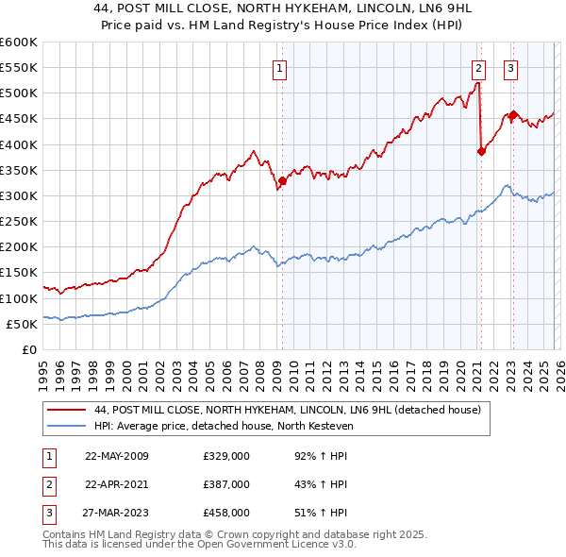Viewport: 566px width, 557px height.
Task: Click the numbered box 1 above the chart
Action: coord(281,67)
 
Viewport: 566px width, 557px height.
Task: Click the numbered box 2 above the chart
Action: coord(478,67)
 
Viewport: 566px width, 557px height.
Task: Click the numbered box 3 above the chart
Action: coord(510,67)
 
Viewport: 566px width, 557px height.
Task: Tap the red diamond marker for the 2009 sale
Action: coord(282,180)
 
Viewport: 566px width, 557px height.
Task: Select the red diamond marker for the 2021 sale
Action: coord(481,151)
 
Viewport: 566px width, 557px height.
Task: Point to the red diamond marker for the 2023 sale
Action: coord(513,115)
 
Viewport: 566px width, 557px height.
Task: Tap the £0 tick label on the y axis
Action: coord(28,349)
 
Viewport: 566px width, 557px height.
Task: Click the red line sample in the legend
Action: coord(67,410)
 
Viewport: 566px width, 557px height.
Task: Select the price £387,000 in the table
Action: coord(225,484)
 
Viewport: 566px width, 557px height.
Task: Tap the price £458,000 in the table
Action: coord(225,513)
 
